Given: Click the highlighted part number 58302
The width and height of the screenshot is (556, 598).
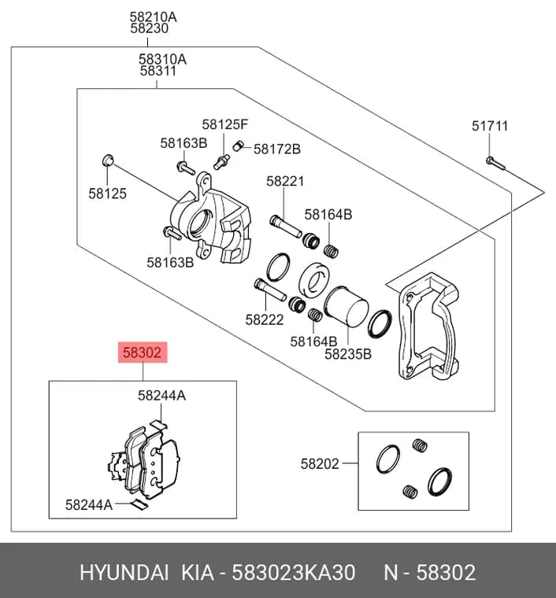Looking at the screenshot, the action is [143, 353].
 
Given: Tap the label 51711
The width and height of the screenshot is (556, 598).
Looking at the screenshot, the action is [490, 126].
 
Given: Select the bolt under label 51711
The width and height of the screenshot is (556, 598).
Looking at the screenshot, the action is [495, 163].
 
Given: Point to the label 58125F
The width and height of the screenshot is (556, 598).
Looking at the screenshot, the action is [224, 124].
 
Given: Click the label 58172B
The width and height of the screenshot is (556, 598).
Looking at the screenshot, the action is [277, 149].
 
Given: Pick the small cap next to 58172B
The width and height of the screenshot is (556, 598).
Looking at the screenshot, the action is [238, 146].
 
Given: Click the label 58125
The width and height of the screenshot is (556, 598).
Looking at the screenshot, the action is [107, 194].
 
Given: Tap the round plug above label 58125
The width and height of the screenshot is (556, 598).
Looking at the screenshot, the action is [108, 161].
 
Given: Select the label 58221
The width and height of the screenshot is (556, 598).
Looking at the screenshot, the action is [285, 181].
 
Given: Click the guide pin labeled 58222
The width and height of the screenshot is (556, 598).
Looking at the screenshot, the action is [270, 290].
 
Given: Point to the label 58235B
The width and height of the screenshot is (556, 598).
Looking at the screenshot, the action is [347, 354].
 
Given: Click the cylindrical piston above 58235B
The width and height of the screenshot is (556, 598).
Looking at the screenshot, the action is [346, 307].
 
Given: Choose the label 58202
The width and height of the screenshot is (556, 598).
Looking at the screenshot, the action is [320, 463].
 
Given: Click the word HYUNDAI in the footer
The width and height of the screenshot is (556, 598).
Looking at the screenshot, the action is [124, 572].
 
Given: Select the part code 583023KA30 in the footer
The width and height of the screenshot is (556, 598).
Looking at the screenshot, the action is [294, 572].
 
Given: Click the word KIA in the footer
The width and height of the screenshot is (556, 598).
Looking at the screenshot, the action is [197, 572].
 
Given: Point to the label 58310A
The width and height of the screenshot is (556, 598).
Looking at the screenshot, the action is [162, 59].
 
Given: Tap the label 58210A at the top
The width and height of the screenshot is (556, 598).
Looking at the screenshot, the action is [153, 17].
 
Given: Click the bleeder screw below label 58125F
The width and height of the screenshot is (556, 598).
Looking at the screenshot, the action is [221, 162].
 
